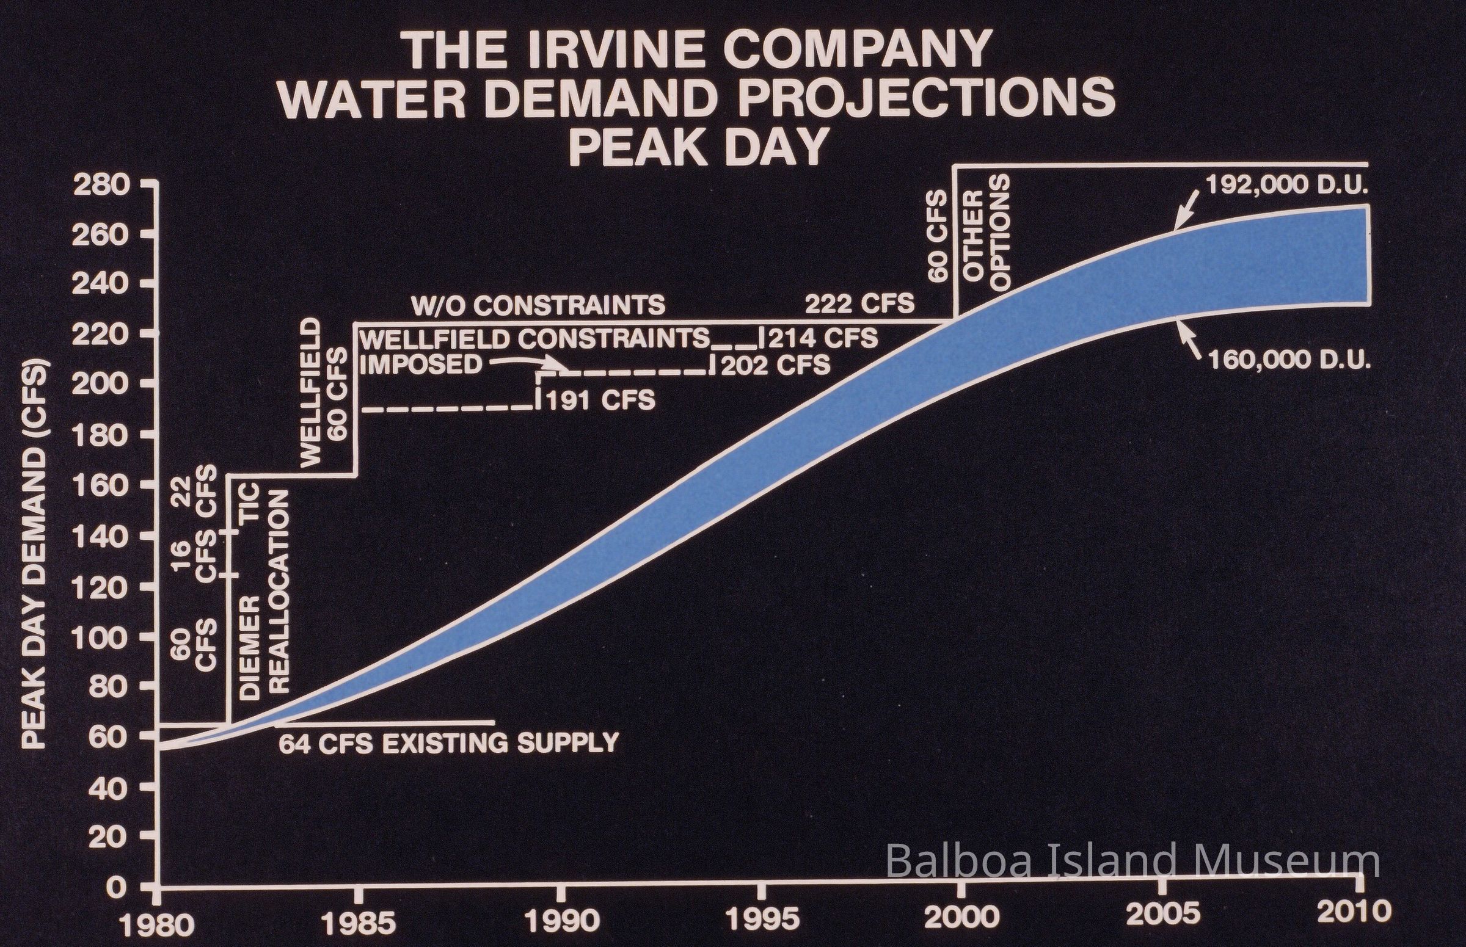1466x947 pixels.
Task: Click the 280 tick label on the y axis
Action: [x=101, y=185]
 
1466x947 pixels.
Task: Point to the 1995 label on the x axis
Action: [x=763, y=921]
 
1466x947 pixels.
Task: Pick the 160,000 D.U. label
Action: [x=1289, y=360]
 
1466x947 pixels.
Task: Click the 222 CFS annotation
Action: [x=859, y=304]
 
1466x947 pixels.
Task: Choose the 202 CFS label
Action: [x=775, y=366]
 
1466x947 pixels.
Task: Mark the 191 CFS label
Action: [x=600, y=402]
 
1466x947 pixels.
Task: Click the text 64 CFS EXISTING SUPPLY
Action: [x=448, y=744]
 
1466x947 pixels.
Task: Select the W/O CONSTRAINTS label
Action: [x=538, y=305]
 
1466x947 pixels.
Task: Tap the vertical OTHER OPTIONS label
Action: [x=986, y=233]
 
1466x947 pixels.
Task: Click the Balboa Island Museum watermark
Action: [x=1132, y=862]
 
